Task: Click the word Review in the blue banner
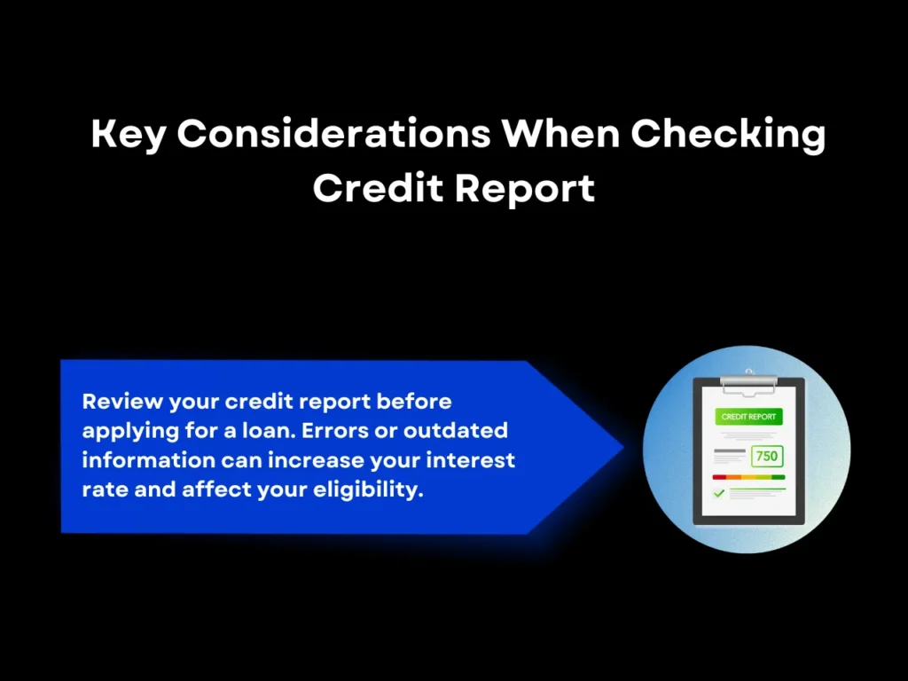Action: tap(119, 402)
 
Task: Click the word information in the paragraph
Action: tap(148, 460)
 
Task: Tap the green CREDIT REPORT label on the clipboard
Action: tap(749, 417)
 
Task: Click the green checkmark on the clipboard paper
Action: tap(719, 493)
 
